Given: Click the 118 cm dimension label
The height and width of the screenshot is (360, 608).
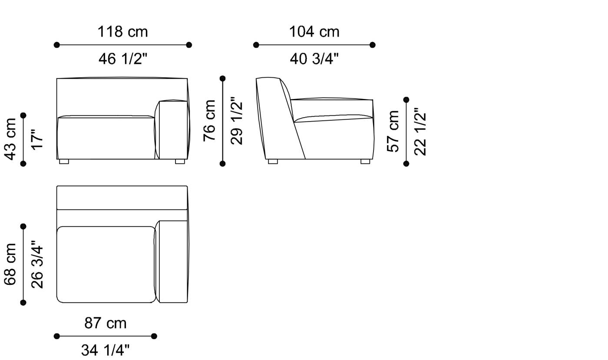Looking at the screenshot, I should (122, 32).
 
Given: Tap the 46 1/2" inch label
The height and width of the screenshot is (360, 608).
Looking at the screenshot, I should (123, 59).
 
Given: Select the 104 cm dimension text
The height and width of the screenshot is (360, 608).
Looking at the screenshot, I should (314, 32).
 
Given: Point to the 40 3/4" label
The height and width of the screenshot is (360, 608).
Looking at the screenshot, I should (314, 59).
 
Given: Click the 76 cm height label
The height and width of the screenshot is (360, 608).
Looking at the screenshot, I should (210, 120).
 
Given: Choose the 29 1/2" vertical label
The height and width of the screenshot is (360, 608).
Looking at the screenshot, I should (237, 120).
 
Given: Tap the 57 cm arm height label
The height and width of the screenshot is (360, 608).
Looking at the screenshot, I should (393, 131).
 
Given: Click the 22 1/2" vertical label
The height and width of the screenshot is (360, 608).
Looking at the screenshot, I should (420, 131).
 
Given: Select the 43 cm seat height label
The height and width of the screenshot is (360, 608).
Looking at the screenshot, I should (10, 139).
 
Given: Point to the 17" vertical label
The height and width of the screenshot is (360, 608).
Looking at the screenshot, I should (37, 139).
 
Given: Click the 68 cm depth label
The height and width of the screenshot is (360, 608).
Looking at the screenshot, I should (10, 264).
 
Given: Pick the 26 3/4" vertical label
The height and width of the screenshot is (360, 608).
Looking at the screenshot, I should (37, 264).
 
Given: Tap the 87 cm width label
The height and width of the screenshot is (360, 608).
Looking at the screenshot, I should (106, 323).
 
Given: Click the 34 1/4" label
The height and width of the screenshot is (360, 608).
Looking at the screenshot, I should (106, 350).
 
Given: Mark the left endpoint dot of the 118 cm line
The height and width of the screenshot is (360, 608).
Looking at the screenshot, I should (56, 45).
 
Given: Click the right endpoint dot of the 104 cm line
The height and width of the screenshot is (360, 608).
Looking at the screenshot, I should (372, 45).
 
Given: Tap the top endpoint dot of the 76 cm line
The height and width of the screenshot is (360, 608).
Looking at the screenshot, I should (223, 79).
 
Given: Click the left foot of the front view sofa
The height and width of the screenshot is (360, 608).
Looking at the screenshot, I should (64, 162).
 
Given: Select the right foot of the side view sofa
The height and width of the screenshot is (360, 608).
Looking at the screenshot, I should (365, 162).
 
